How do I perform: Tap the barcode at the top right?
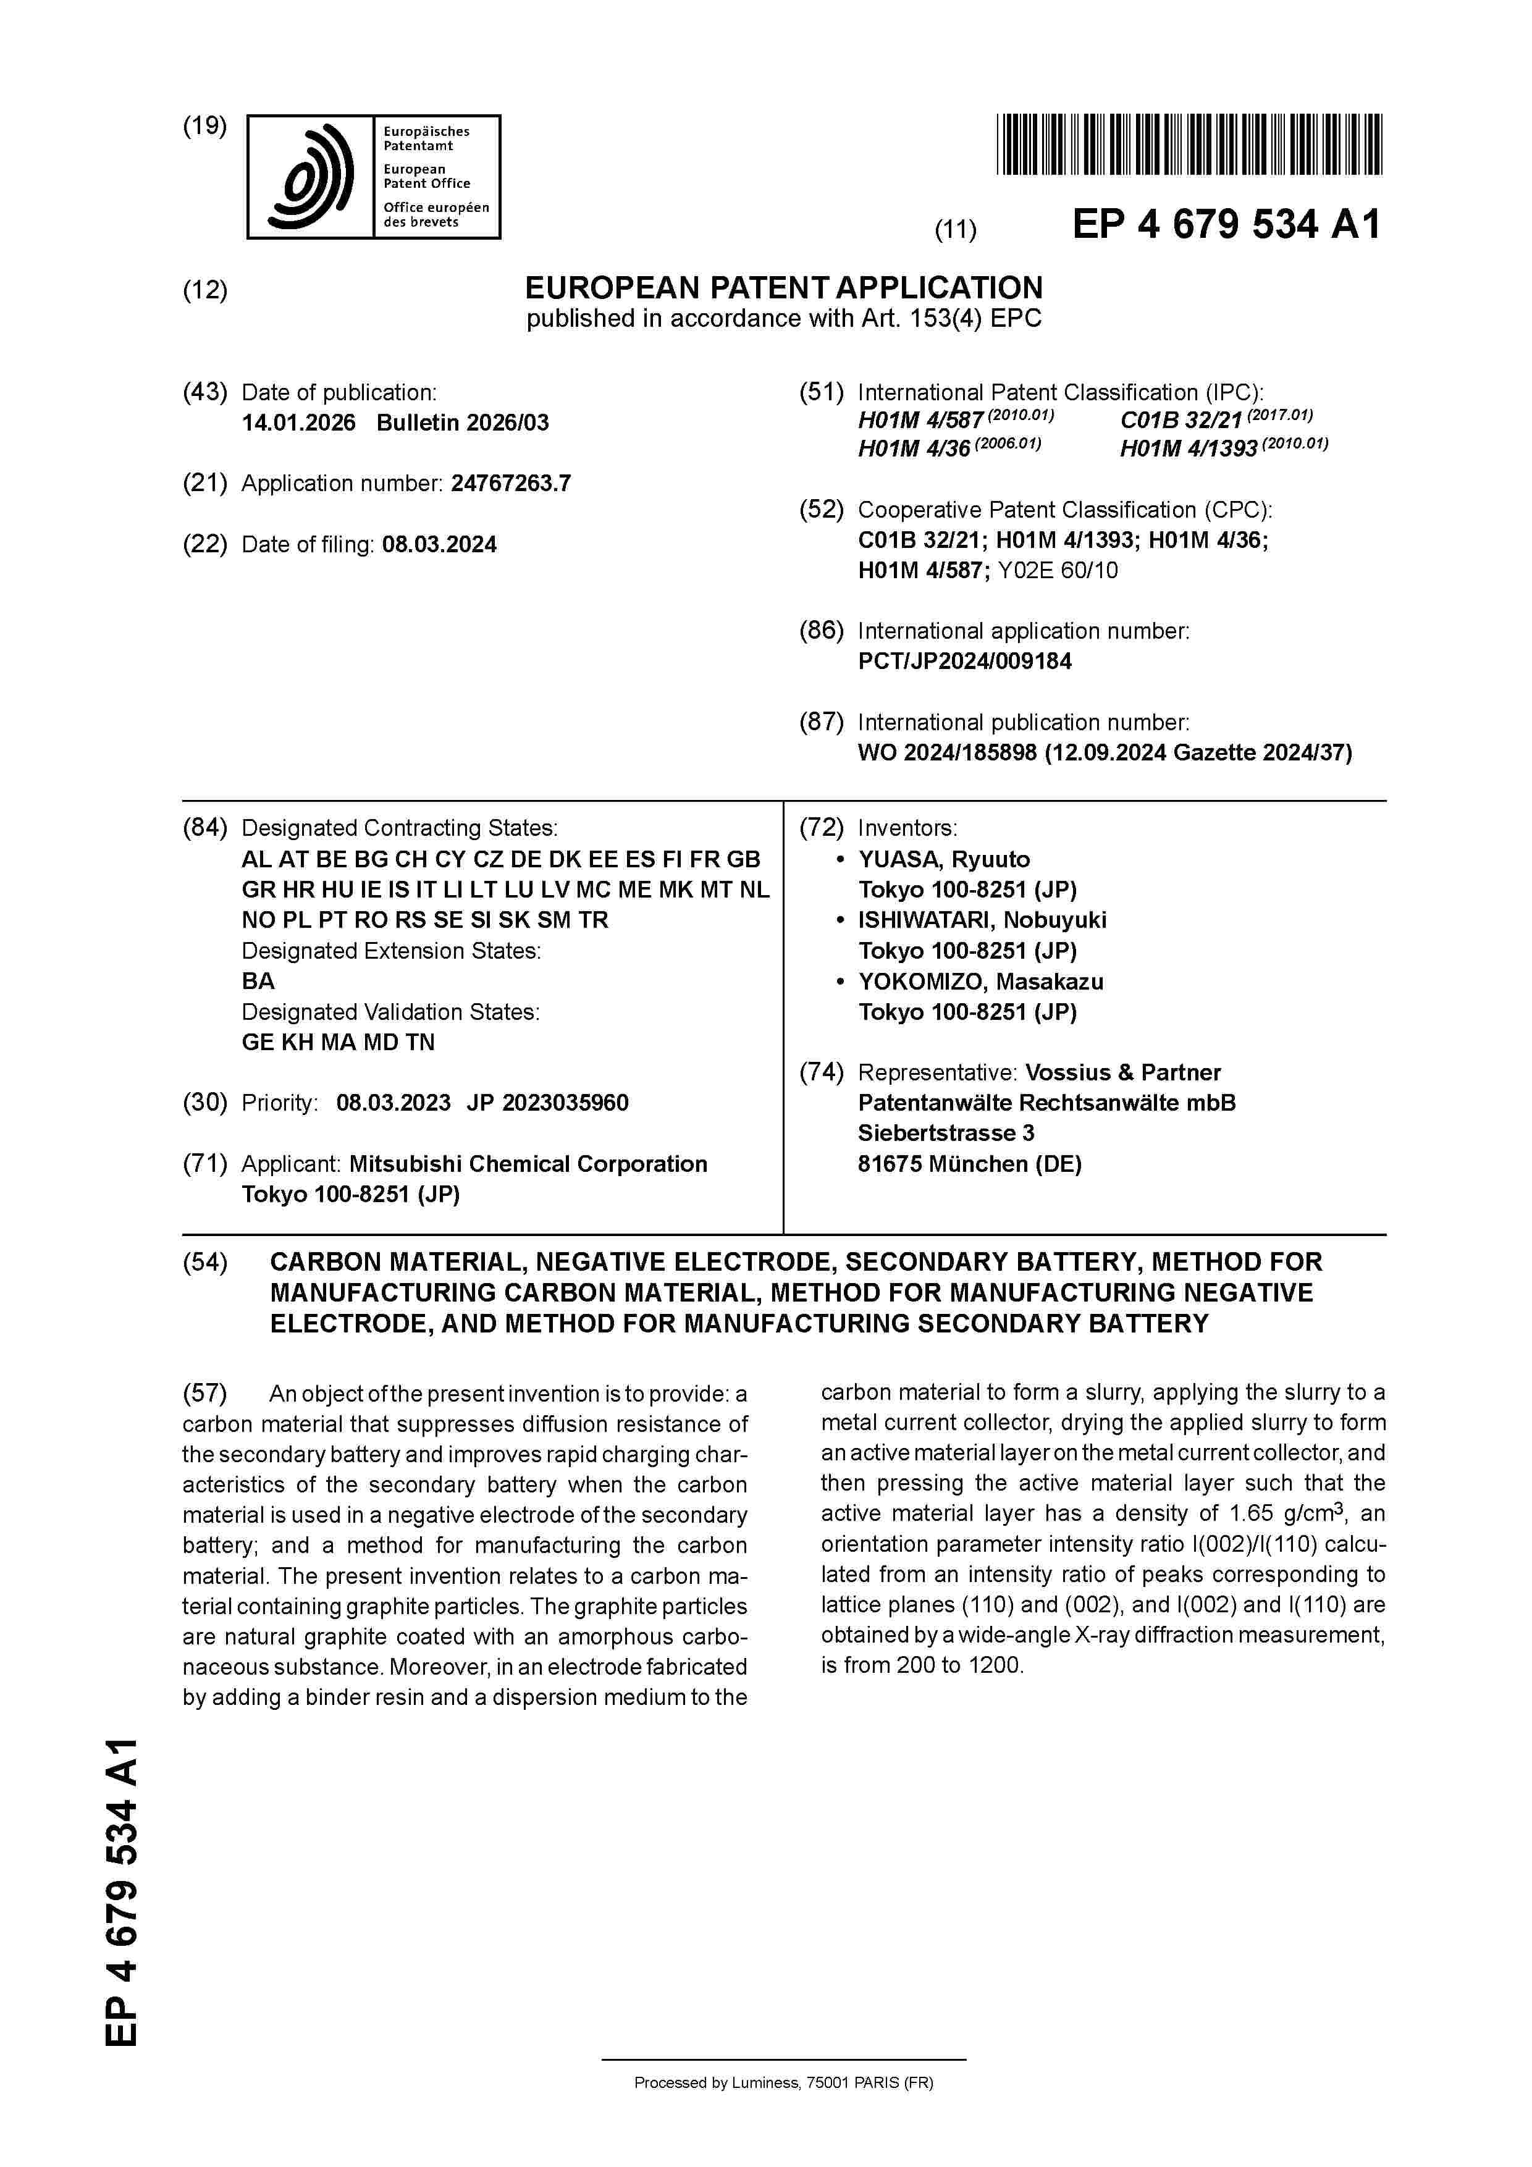click(x=1189, y=145)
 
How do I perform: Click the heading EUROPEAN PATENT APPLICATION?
click(x=783, y=288)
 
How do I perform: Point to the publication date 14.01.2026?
click(x=298, y=423)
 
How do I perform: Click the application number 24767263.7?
click(x=511, y=484)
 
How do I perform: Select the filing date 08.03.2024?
click(x=439, y=545)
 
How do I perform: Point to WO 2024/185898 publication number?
click(x=947, y=753)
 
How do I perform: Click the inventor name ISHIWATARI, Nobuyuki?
click(x=982, y=920)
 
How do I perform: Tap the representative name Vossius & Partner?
click(x=1122, y=1073)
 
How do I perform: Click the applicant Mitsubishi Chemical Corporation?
click(x=528, y=1164)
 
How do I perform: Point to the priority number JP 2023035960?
click(x=547, y=1103)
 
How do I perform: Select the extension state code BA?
click(x=258, y=982)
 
